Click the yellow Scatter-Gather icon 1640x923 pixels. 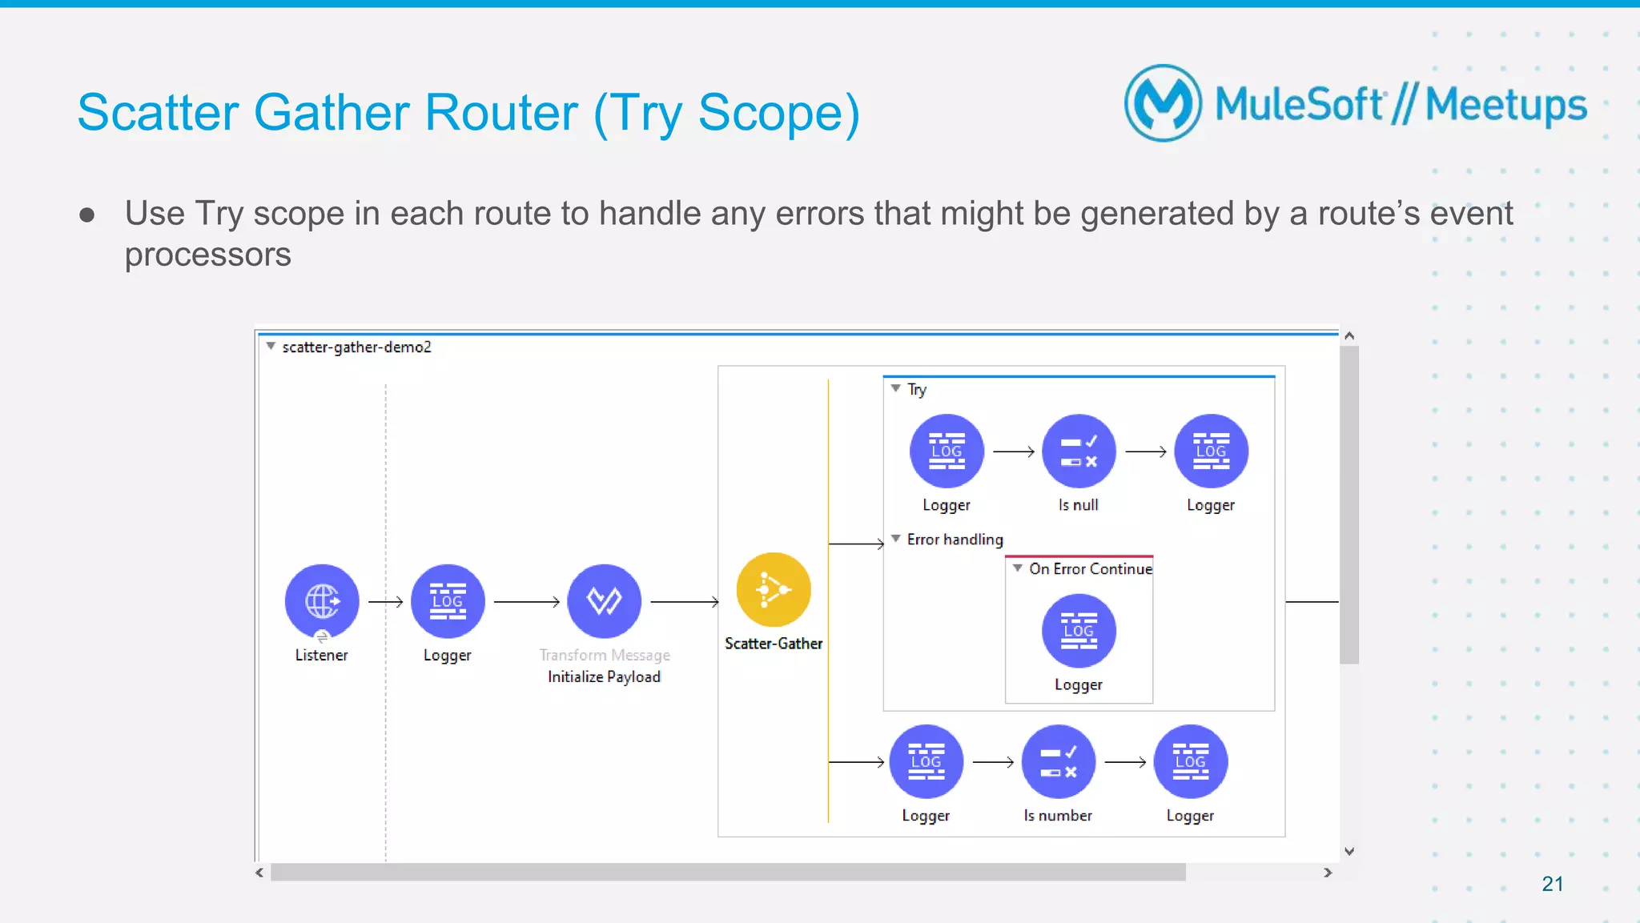pos(773,590)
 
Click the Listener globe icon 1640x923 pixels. pos(322,601)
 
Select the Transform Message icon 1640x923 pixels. pos(604,601)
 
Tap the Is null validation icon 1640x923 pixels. pos(1078,451)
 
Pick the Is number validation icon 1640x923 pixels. pos(1058,762)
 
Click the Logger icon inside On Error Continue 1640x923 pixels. pos(1078,631)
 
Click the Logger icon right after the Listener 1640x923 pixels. pos(448,601)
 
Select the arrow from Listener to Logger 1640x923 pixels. pos(386,601)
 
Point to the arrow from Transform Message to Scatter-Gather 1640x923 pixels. pos(685,601)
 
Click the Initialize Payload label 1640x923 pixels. pos(604,677)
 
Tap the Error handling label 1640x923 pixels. pos(955,540)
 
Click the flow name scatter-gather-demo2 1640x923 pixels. pos(356,347)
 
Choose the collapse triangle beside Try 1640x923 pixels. pos(896,388)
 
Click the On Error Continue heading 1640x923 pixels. pos(1090,569)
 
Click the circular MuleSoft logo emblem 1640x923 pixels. pos(1163,103)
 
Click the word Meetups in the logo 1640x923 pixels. pos(1505,106)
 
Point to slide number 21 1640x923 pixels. pos(1552,884)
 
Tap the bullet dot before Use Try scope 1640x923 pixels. pos(87,215)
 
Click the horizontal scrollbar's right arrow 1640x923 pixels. pos(1328,873)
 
